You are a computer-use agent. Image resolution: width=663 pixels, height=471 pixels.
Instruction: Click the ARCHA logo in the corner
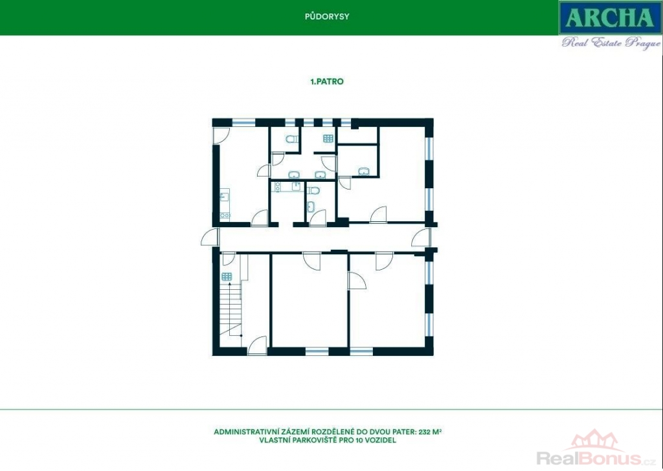(x=610, y=17)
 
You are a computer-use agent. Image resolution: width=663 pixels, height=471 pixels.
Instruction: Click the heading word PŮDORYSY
(x=327, y=17)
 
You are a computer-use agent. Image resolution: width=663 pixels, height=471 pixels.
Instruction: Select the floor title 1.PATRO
(x=327, y=82)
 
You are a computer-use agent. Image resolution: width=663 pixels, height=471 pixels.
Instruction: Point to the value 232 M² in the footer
(x=430, y=432)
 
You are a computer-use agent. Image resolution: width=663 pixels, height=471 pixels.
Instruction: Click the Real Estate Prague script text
(x=611, y=43)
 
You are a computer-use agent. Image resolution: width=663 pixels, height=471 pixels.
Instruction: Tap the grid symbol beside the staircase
(x=227, y=277)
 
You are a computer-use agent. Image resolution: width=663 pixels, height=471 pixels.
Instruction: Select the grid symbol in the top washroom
(x=328, y=138)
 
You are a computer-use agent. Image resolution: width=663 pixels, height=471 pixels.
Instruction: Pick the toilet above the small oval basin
(x=313, y=190)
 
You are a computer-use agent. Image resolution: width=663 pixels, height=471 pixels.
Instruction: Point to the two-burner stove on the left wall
(x=225, y=215)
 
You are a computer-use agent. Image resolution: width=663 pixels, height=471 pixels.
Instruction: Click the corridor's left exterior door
(x=210, y=237)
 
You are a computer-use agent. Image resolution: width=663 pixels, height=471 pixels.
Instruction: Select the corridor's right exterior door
(x=421, y=237)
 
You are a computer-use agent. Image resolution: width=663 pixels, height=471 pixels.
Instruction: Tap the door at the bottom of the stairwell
(x=257, y=345)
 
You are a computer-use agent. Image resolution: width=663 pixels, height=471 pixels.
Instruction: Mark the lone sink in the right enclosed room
(x=364, y=171)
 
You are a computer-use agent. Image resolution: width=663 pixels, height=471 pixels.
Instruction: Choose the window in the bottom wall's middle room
(x=317, y=351)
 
